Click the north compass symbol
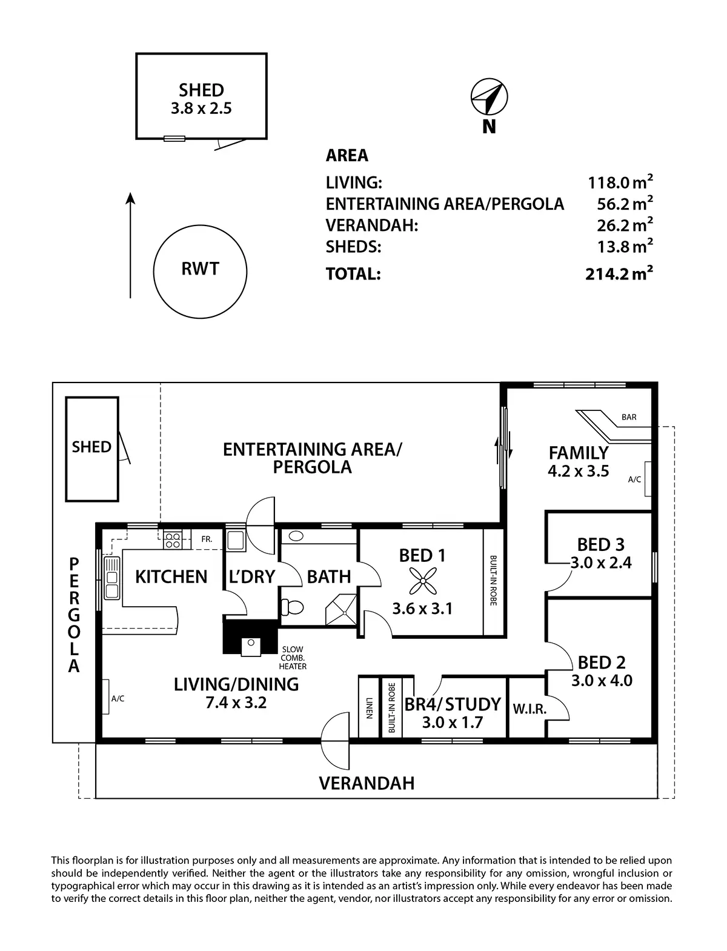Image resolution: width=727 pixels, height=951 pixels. (x=490, y=96)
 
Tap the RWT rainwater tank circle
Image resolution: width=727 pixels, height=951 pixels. (x=200, y=270)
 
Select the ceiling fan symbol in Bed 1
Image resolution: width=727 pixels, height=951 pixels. (x=422, y=582)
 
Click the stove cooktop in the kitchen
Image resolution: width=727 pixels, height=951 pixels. (x=173, y=539)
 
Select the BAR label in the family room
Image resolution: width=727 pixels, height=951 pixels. (x=629, y=418)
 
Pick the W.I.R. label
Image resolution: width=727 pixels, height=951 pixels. (x=529, y=709)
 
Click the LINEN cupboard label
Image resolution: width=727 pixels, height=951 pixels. (x=368, y=708)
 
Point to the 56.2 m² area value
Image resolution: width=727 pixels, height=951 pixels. (x=625, y=204)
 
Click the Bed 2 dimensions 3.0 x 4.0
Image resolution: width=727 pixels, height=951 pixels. (x=602, y=681)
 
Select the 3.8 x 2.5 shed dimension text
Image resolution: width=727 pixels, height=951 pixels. (x=201, y=109)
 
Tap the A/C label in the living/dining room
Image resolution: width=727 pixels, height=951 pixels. (x=118, y=699)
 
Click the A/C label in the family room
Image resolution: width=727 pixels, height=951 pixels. (x=634, y=479)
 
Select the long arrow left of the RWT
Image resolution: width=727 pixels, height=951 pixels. (x=130, y=245)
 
